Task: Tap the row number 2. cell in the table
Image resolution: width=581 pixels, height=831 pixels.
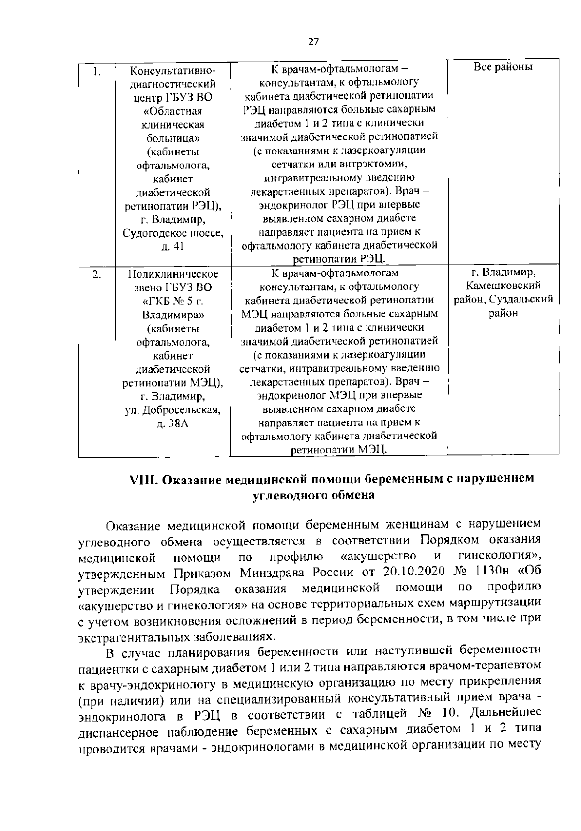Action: [x=97, y=274]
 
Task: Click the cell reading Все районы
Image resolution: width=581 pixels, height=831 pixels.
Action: [x=503, y=67]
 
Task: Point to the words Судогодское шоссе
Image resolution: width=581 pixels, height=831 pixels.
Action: [x=173, y=233]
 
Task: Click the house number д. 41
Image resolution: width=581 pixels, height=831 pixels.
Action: [x=172, y=246]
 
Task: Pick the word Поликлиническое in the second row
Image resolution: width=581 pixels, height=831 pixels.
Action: [x=173, y=274]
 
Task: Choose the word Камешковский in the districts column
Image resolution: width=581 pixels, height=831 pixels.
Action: [x=503, y=286]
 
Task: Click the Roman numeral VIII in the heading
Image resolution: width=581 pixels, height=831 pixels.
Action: [x=142, y=480]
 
